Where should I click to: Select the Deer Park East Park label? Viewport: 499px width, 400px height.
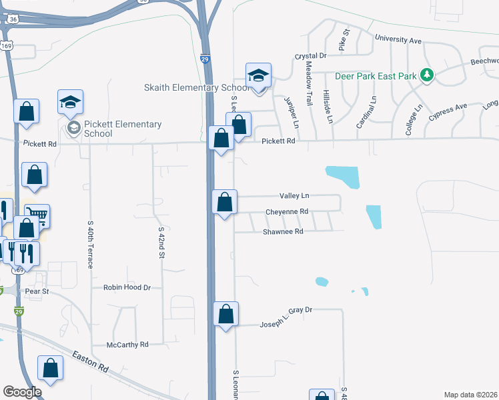pyautogui.click(x=376, y=75)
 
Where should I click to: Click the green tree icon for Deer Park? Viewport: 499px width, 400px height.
pyautogui.click(x=428, y=75)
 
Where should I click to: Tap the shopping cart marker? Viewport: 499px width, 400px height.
pyautogui.click(x=37, y=215)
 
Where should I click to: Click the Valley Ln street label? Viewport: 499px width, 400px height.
pyautogui.click(x=295, y=196)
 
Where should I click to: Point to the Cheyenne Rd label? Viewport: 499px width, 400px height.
pyautogui.click(x=286, y=211)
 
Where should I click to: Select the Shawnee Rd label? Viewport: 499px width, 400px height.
pyautogui.click(x=283, y=231)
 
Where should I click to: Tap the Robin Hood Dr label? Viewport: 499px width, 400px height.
pyautogui.click(x=127, y=287)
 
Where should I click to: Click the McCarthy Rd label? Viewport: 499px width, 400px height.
pyautogui.click(x=127, y=345)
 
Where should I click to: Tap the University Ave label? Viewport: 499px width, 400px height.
pyautogui.click(x=398, y=40)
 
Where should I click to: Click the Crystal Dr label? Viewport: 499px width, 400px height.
pyautogui.click(x=310, y=56)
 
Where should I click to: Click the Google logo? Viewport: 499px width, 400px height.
pyautogui.click(x=22, y=391)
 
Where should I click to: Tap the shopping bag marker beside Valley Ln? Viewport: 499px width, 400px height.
pyautogui.click(x=225, y=201)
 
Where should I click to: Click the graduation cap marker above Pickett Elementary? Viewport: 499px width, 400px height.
pyautogui.click(x=70, y=102)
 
